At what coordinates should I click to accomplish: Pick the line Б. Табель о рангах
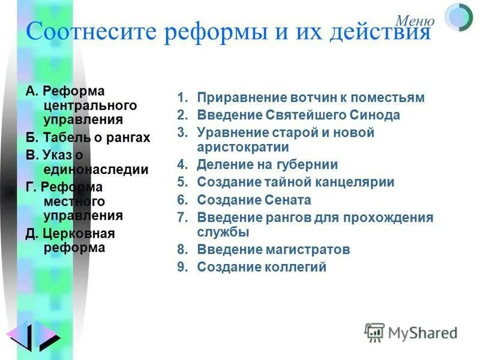88,138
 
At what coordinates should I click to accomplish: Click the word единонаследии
95,170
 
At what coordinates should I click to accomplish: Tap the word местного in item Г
74,201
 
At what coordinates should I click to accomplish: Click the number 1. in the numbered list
182,98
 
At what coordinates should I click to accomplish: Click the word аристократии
243,147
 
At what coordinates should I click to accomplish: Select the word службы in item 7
223,232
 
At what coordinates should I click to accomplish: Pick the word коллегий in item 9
296,268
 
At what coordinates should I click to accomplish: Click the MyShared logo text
422,332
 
